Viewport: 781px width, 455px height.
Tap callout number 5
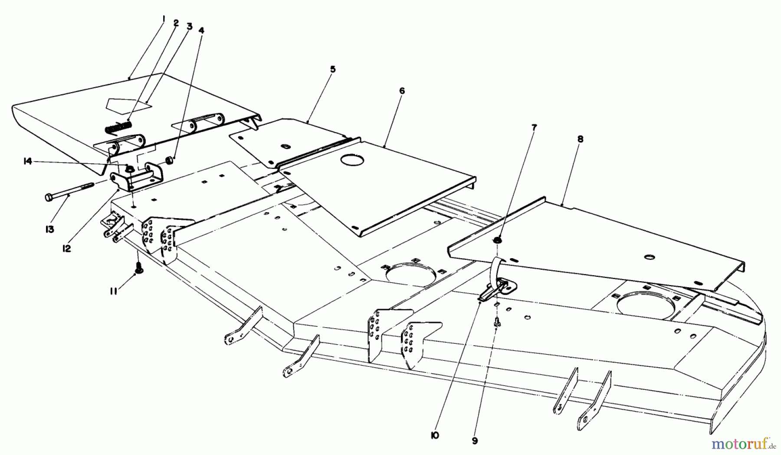[333, 69]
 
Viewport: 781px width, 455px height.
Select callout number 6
[402, 91]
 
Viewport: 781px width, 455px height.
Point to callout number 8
[580, 139]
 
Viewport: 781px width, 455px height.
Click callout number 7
[534, 128]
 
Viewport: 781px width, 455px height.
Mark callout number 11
[114, 292]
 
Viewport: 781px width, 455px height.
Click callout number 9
[475, 441]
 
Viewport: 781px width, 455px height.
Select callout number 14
[28, 161]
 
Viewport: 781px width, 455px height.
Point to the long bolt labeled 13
[69, 192]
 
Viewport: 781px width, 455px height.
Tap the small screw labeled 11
[140, 269]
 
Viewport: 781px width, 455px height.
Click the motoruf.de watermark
[745, 443]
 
